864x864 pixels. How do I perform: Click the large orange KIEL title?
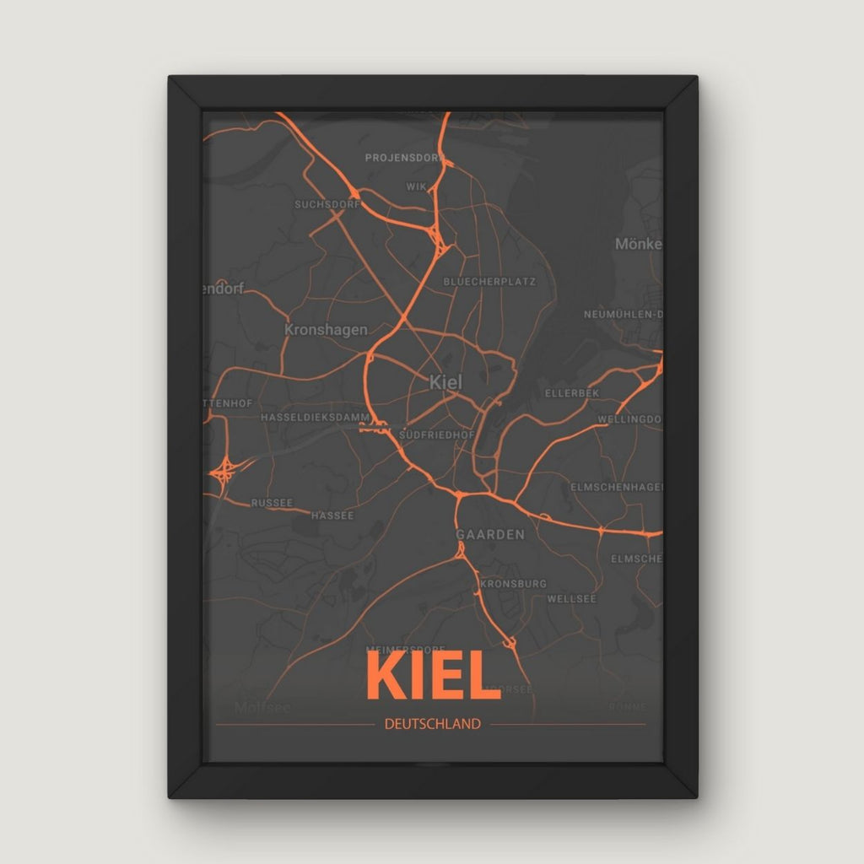[434, 676]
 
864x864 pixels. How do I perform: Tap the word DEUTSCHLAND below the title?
[432, 724]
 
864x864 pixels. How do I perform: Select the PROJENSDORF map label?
[404, 158]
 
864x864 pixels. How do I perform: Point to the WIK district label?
[416, 186]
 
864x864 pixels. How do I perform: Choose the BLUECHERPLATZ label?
[489, 282]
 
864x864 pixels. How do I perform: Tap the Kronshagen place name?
[326, 330]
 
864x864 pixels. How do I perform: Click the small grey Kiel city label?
[445, 381]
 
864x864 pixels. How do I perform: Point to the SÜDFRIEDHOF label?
[438, 435]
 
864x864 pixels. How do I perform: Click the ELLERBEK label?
[571, 393]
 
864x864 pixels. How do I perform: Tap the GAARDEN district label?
[490, 534]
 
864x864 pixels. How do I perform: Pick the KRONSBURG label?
[513, 584]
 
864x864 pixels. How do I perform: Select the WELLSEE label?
[572, 599]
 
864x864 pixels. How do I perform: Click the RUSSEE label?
[272, 503]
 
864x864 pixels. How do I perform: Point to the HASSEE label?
[333, 516]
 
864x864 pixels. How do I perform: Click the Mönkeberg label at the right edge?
[639, 244]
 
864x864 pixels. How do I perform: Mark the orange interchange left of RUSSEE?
[224, 469]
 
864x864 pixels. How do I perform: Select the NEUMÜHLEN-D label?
[623, 315]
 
